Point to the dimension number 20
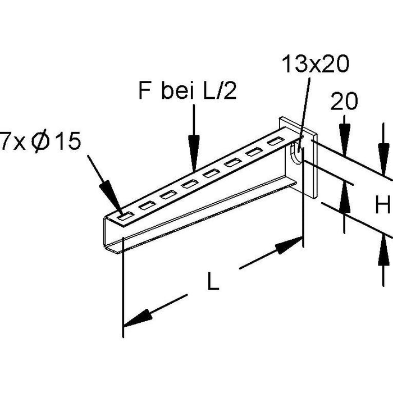pyautogui.click(x=344, y=102)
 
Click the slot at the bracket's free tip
pyautogui.click(x=125, y=214)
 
